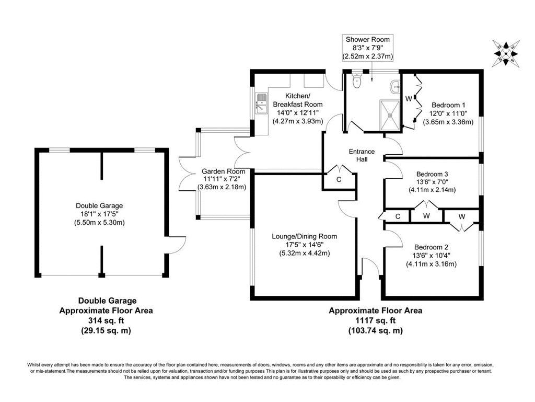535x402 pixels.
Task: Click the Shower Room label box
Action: point(368,47)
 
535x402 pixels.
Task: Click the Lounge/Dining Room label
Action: point(304,236)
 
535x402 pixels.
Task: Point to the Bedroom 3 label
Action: point(432,174)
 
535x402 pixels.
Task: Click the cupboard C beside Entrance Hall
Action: point(339,179)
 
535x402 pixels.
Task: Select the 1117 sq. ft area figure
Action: point(375,320)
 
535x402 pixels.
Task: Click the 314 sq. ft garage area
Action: point(106,320)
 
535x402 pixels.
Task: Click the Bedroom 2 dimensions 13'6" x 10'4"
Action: point(432,256)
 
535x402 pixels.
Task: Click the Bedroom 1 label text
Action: point(448,104)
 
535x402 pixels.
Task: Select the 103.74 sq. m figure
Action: point(375,330)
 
